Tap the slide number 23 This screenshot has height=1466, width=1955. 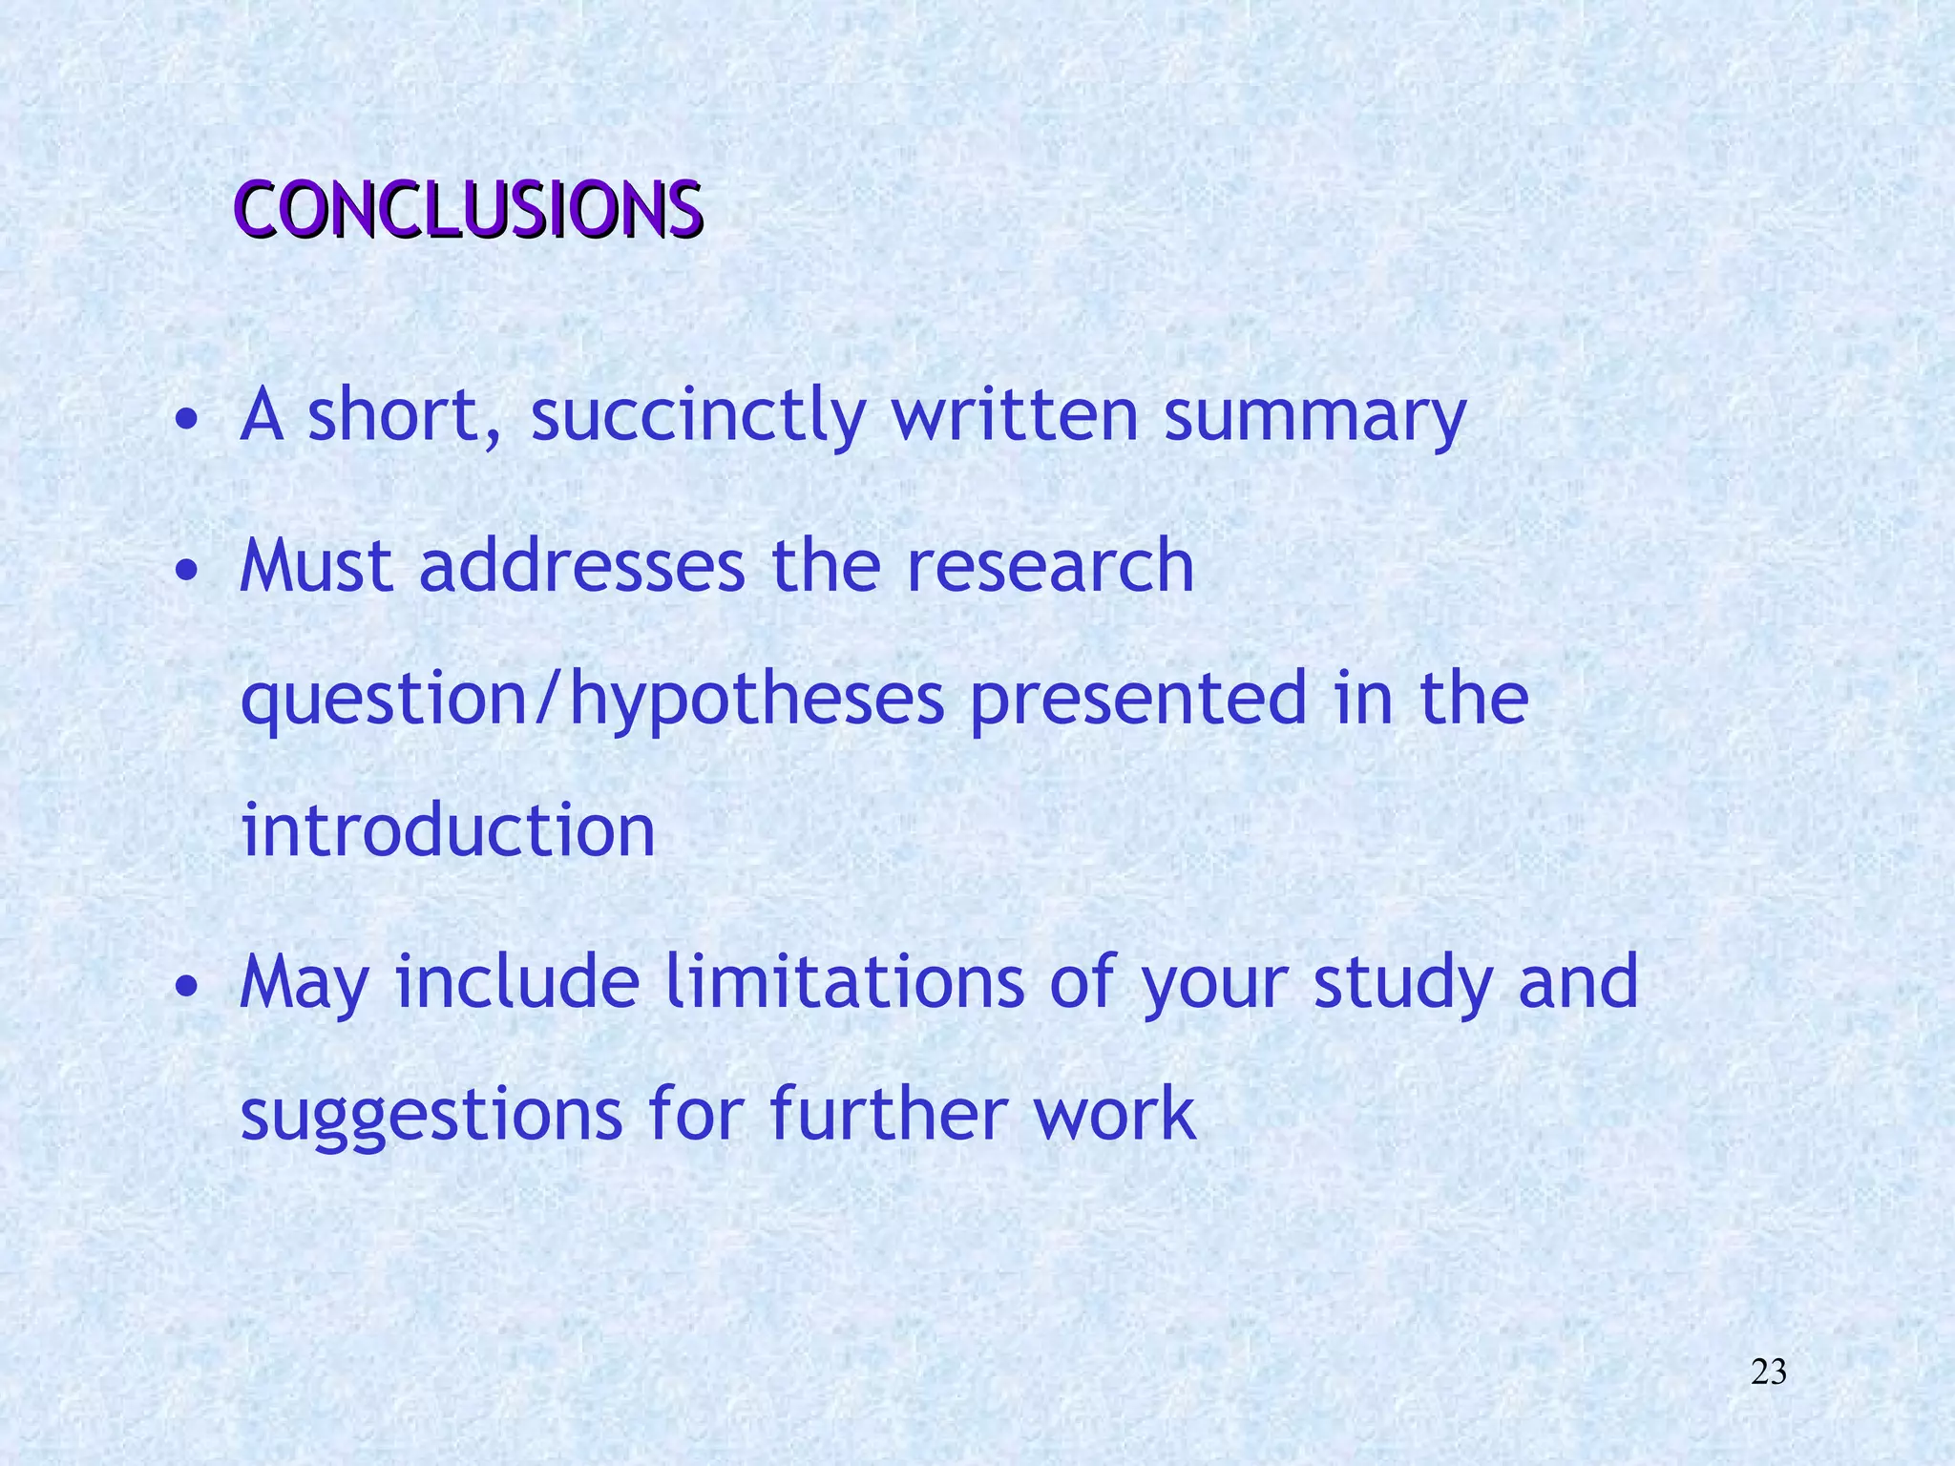[x=1769, y=1372]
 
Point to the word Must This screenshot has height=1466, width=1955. [x=316, y=566]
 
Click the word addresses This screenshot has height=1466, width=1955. [x=581, y=566]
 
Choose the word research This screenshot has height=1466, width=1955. [x=1050, y=566]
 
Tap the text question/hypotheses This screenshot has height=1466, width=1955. [x=592, y=700]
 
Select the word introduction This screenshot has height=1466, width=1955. [x=448, y=830]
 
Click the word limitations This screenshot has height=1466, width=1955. [x=844, y=982]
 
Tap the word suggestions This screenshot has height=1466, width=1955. [x=431, y=1116]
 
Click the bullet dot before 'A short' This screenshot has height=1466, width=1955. [x=188, y=420]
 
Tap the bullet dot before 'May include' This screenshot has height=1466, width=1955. [x=188, y=986]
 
